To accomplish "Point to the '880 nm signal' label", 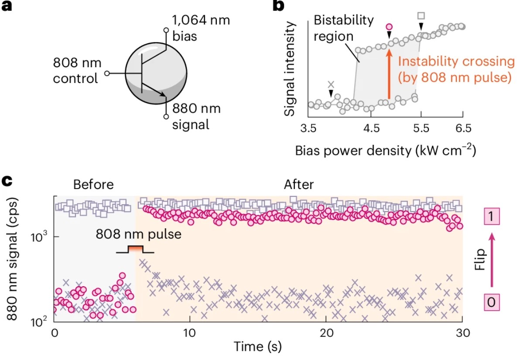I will point(196,117).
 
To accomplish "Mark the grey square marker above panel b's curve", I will point(421,16).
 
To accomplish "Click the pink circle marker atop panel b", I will point(390,27).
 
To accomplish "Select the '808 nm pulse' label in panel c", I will point(138,234).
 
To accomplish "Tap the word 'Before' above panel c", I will point(93,185).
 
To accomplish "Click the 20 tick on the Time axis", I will point(325,333).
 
